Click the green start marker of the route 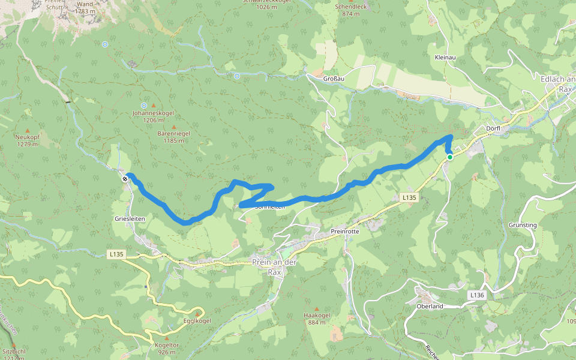[449, 157]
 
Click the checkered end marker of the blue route [125, 178]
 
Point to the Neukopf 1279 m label [28, 140]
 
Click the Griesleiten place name [130, 219]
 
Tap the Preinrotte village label [344, 232]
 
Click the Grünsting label [523, 225]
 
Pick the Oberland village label [430, 306]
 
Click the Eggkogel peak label [197, 320]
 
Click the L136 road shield [476, 295]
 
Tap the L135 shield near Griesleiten [116, 254]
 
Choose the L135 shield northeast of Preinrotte [409, 197]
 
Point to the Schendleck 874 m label [347, 10]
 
